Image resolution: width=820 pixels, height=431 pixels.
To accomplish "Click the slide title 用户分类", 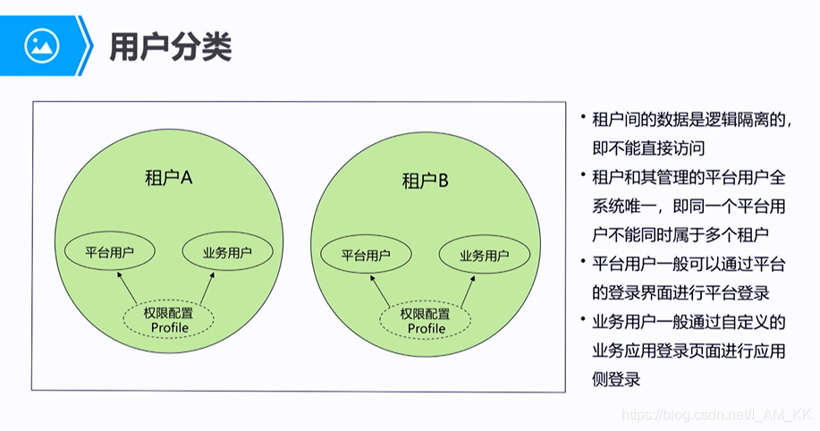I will click(170, 46).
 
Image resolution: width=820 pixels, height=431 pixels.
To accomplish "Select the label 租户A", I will click(169, 177).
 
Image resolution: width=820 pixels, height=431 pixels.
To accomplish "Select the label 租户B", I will click(425, 182).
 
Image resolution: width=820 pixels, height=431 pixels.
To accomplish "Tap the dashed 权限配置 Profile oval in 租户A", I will click(169, 320).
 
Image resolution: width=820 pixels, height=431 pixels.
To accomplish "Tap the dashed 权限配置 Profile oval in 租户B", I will click(426, 321).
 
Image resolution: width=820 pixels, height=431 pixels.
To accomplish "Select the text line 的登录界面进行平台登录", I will click(681, 292).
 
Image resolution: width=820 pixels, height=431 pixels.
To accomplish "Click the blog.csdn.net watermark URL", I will click(715, 415).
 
